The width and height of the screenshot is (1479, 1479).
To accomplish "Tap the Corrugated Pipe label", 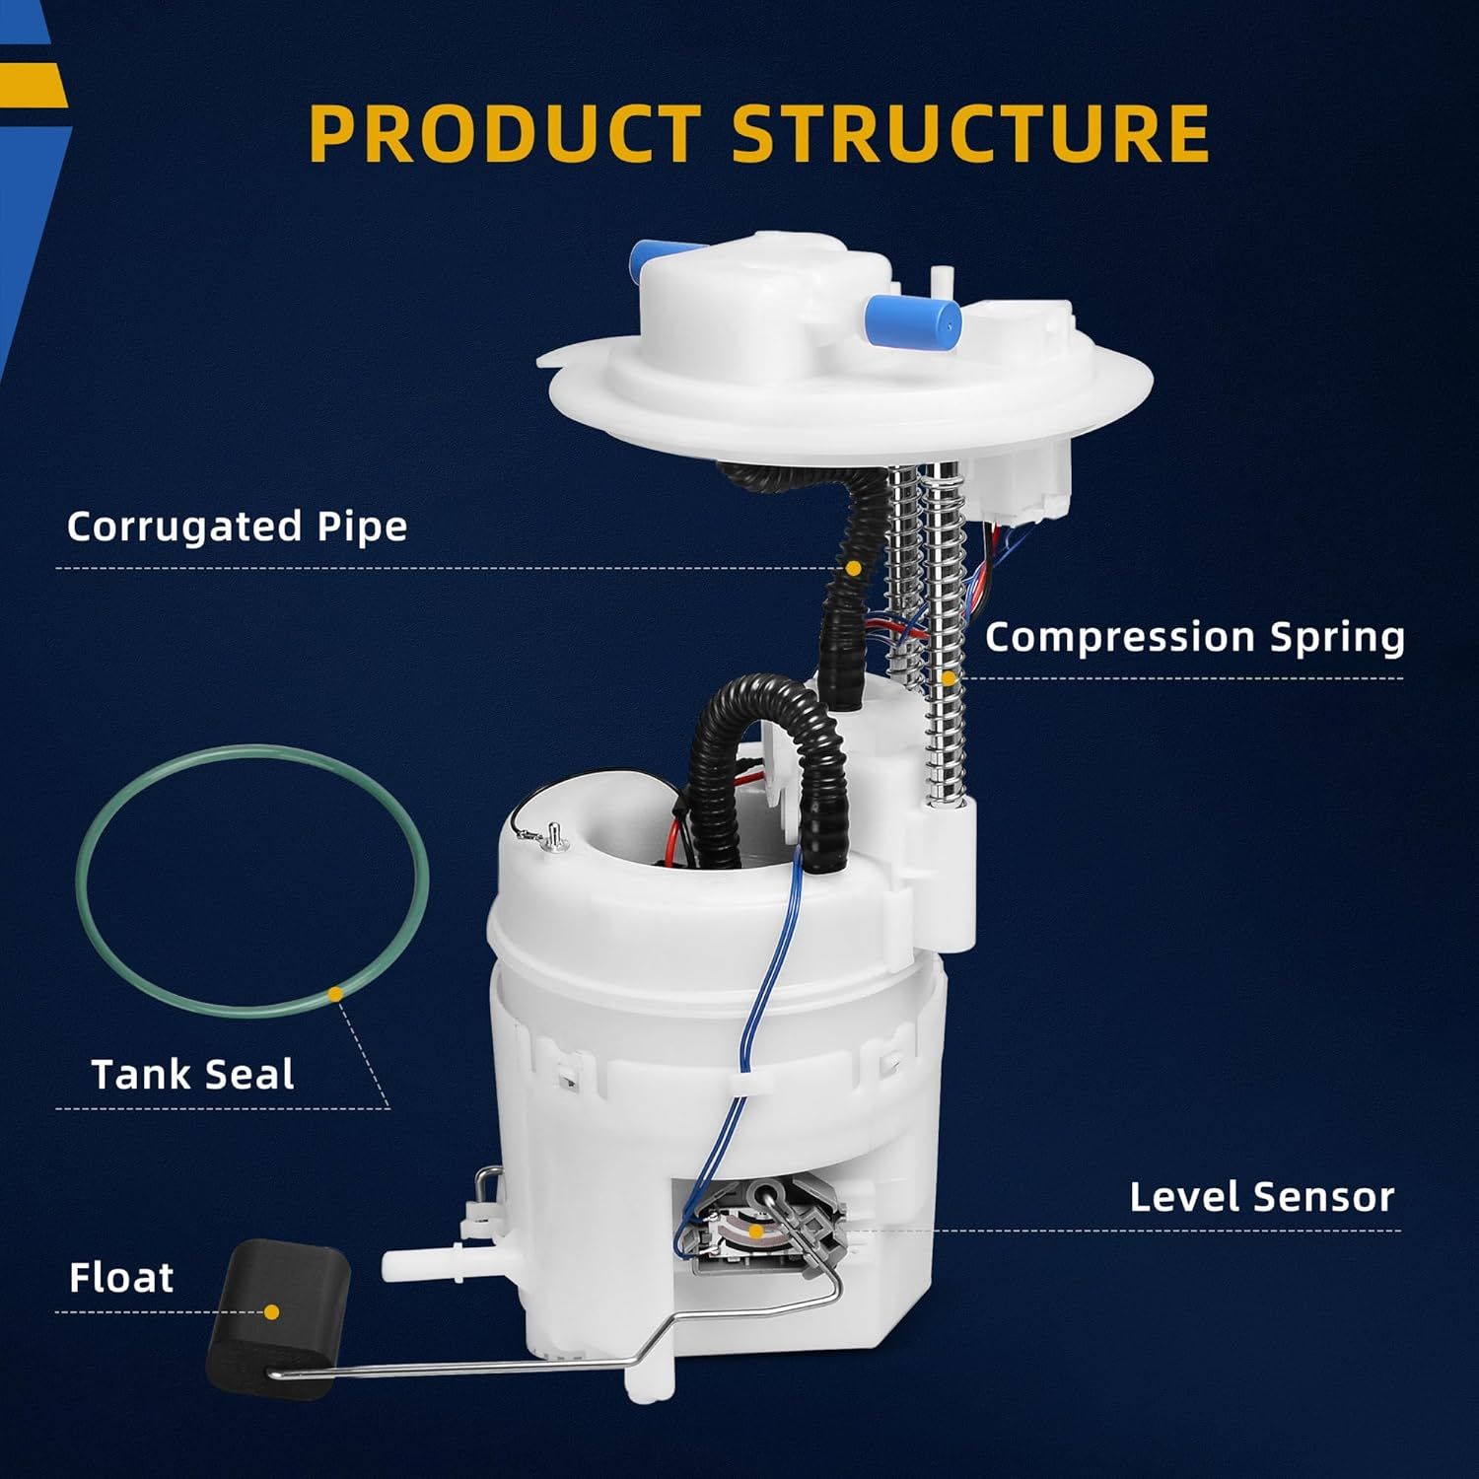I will pos(237,527).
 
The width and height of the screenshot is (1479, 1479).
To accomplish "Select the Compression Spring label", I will pos(1194,637).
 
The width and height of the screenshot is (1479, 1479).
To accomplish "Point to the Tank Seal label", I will pos(192,1074).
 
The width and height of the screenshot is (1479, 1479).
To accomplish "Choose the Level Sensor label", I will pos(1261,1197).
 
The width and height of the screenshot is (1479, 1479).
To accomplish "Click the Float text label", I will pos(121,1278).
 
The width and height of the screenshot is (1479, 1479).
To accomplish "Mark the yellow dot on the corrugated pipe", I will pos(854,568).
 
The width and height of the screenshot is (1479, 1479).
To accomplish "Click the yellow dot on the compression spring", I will pos(948,678).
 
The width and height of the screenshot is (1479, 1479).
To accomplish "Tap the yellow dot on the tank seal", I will pos(335,995).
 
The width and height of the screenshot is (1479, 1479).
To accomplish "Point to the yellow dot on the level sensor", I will pos(754,1231).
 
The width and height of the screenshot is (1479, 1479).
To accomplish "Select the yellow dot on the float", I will pos(271,1312).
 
